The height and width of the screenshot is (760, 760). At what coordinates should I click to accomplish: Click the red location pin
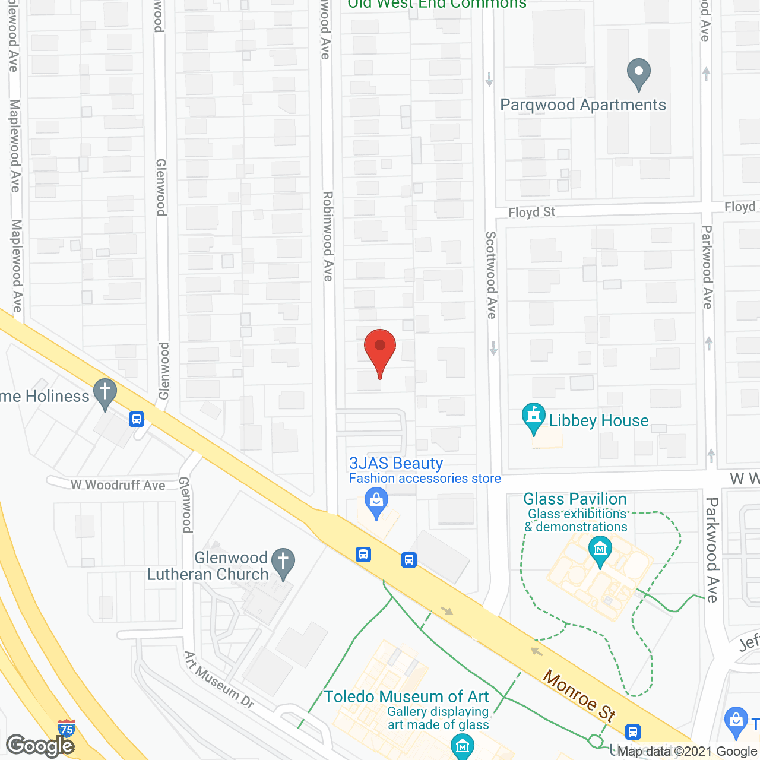(380, 350)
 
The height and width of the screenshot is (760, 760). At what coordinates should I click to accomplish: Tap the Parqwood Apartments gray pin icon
(639, 74)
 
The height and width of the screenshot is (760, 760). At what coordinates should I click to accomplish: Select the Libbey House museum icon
(533, 418)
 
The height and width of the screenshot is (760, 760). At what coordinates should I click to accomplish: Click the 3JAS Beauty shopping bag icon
(376, 502)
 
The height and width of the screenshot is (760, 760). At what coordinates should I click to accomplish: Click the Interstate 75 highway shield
(66, 728)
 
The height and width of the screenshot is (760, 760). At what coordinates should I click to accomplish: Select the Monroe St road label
(579, 695)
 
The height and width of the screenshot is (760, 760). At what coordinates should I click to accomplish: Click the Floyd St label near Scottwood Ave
(531, 212)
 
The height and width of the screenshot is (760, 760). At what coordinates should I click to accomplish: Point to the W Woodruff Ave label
(118, 485)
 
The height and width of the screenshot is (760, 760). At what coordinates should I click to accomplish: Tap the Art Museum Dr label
(219, 680)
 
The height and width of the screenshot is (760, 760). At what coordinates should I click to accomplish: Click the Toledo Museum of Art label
(406, 696)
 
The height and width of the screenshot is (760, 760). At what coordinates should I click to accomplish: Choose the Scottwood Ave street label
(491, 274)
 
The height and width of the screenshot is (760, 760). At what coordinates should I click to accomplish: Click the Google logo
(40, 746)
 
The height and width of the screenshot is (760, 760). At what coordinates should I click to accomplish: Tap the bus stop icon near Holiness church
(137, 419)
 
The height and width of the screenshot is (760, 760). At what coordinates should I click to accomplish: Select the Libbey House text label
(598, 421)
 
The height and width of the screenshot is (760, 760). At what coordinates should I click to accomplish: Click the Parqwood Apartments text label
(583, 105)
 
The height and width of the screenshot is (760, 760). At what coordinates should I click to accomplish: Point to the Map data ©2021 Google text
(688, 752)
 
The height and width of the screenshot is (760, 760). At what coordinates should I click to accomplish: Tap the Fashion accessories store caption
(425, 479)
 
